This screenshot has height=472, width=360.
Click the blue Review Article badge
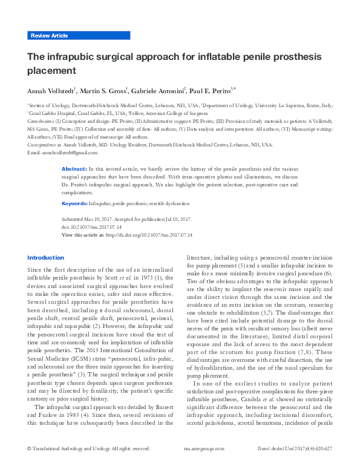coord(49,36)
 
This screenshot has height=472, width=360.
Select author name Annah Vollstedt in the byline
coord(50,91)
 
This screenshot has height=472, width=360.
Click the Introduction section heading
coord(45,257)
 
